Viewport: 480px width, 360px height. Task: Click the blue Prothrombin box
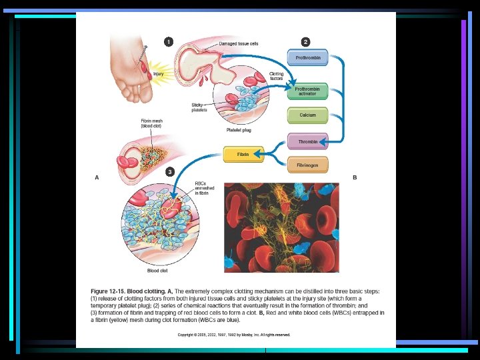pyautogui.click(x=307, y=58)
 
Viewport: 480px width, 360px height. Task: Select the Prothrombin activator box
pyautogui.click(x=307, y=91)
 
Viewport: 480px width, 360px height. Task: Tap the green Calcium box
pyautogui.click(x=307, y=115)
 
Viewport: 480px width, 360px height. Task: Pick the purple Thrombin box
pyautogui.click(x=307, y=142)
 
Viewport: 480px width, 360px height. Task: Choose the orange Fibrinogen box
pyautogui.click(x=307, y=165)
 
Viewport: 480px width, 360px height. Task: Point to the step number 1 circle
pyautogui.click(x=169, y=42)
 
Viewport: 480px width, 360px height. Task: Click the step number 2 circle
pyautogui.click(x=305, y=42)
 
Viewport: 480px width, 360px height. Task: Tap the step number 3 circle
pyautogui.click(x=171, y=171)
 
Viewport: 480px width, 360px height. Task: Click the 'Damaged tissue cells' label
pyautogui.click(x=238, y=43)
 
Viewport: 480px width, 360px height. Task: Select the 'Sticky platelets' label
pyautogui.click(x=199, y=107)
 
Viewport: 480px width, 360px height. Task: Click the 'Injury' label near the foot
pyautogui.click(x=159, y=73)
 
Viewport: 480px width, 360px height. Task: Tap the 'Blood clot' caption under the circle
pyautogui.click(x=157, y=271)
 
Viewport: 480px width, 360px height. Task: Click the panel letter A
pyautogui.click(x=97, y=177)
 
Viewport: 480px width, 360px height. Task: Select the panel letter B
pyautogui.click(x=355, y=177)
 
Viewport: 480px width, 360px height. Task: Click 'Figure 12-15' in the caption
pyautogui.click(x=109, y=292)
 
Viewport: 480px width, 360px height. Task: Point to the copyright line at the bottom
pyautogui.click(x=233, y=334)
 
